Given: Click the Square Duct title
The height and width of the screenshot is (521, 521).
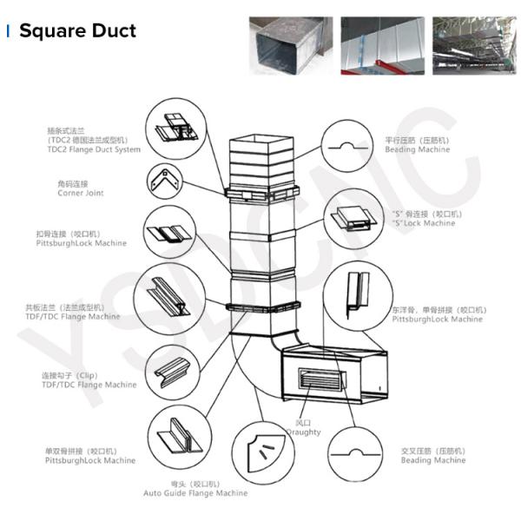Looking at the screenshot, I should coord(77,31).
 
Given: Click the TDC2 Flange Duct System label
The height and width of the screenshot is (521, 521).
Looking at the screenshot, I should coord(94,149).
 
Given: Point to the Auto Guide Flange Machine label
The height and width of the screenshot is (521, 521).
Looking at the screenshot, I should coord(195,492).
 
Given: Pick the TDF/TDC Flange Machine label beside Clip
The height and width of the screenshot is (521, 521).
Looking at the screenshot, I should coord(89,385).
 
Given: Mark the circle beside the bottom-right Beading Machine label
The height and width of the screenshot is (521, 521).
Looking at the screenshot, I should coord(353,453).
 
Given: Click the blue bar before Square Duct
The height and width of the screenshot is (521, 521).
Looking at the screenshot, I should coord(8,31).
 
